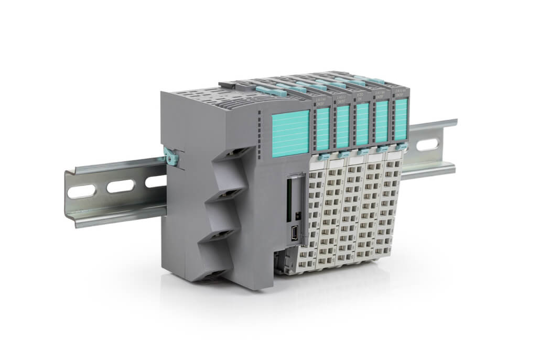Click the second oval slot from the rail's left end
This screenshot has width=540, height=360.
120,186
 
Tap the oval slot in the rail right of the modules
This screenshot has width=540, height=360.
426,143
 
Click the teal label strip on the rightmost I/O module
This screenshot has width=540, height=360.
401,120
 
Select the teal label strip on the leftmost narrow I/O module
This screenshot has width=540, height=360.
323,129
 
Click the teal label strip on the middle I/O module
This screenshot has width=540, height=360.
362,124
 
